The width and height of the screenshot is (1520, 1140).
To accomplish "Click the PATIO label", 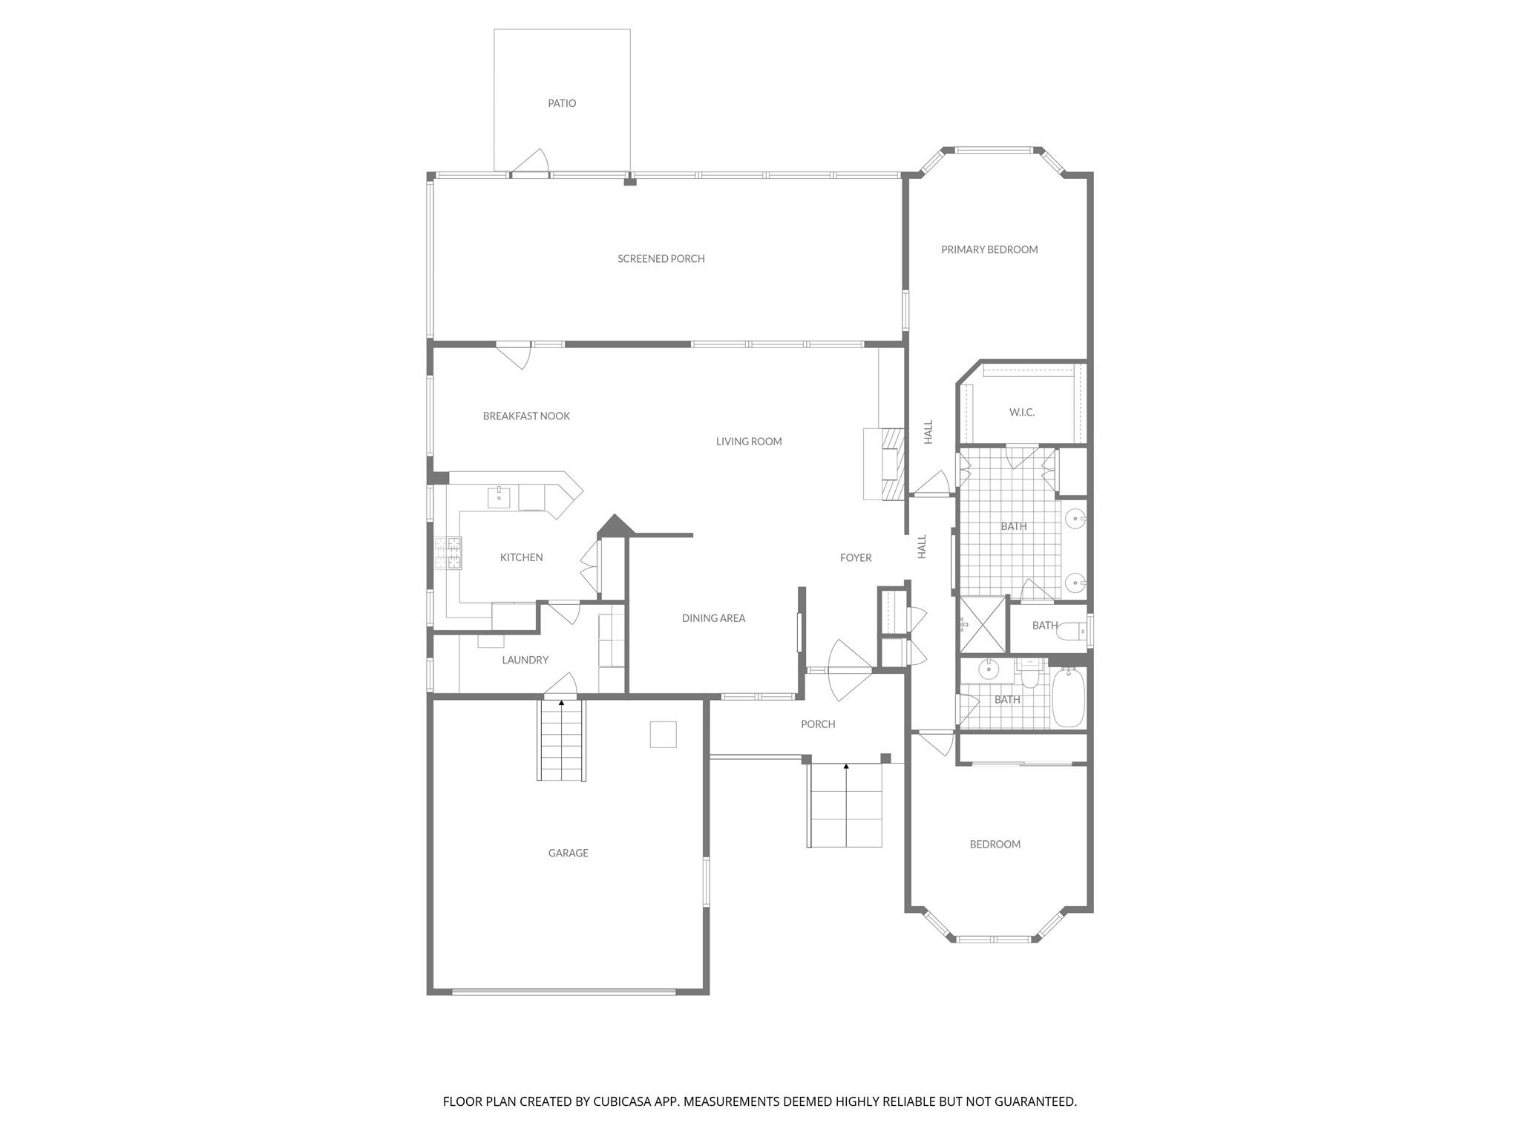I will pyautogui.click(x=562, y=103).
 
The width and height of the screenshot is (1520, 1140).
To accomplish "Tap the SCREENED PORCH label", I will pyautogui.click(x=661, y=259).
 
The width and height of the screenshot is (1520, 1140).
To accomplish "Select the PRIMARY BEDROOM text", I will pyautogui.click(x=989, y=250).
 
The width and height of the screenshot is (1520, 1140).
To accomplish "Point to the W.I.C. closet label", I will pyautogui.click(x=1021, y=413).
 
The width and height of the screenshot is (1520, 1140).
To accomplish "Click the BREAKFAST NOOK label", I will pyautogui.click(x=526, y=416).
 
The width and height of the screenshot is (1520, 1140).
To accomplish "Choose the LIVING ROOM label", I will pyautogui.click(x=748, y=442).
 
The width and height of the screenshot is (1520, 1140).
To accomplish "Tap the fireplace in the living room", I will pyautogui.click(x=891, y=463).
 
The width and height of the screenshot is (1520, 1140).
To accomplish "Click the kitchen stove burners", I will pyautogui.click(x=448, y=553).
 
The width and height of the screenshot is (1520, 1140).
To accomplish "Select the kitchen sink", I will pyautogui.click(x=499, y=498).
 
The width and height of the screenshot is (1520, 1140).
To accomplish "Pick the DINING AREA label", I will pyautogui.click(x=713, y=618).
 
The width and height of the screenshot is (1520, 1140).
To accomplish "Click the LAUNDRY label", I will pyautogui.click(x=525, y=661).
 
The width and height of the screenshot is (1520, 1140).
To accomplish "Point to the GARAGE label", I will pyautogui.click(x=568, y=854).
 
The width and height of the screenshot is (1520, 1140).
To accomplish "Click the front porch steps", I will pyautogui.click(x=845, y=805).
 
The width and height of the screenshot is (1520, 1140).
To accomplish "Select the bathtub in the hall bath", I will pyautogui.click(x=1068, y=698).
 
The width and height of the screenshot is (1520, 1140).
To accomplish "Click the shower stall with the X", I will pyautogui.click(x=982, y=624).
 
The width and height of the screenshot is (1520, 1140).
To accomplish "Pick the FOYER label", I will pyautogui.click(x=855, y=558).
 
